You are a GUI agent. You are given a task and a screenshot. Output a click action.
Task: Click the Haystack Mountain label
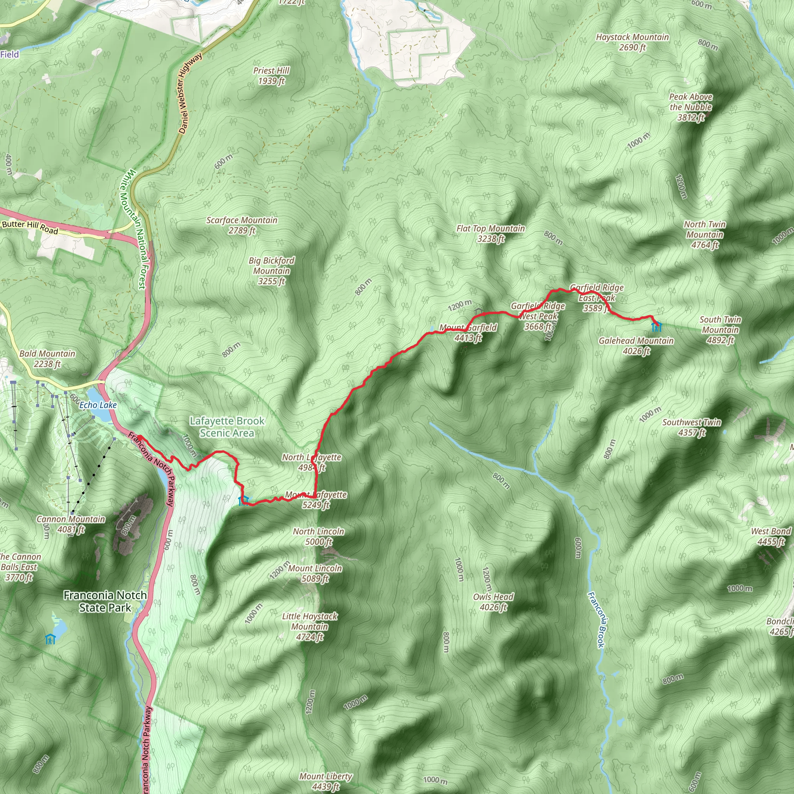(x=632, y=42)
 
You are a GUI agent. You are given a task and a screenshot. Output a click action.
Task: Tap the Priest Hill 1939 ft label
(x=271, y=76)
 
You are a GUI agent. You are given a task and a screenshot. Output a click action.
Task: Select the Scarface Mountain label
(x=242, y=225)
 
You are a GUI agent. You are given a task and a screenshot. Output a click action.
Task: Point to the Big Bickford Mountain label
(x=271, y=271)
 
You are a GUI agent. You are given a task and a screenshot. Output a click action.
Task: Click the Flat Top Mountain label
(x=490, y=233)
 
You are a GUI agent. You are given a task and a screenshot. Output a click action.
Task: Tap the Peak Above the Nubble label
(x=690, y=107)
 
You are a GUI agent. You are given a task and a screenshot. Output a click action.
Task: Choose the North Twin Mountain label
(x=704, y=235)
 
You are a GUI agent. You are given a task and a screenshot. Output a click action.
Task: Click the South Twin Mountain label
(x=720, y=330)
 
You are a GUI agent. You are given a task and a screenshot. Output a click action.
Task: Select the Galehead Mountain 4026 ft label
(x=636, y=345)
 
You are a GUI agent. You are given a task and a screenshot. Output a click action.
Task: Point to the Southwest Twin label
(x=691, y=427)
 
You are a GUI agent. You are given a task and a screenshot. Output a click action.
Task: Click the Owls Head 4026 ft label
(x=493, y=602)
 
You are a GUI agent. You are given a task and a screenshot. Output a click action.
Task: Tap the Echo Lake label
(x=98, y=405)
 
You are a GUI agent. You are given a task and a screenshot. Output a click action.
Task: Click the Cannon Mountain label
(x=71, y=524)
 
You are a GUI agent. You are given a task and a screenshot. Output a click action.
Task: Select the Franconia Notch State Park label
(x=105, y=601)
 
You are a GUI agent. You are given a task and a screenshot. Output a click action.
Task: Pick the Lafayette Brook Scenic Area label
(x=227, y=426)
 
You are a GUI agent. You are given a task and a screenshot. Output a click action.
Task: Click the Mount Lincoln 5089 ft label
(x=315, y=573)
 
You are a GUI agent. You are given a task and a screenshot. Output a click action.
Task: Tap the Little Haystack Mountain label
(x=309, y=627)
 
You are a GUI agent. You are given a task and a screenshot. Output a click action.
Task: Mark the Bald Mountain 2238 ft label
(x=47, y=358)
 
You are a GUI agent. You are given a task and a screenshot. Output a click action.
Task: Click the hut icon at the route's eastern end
(x=656, y=327)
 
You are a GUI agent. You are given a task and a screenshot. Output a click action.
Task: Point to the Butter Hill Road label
(x=30, y=226)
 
